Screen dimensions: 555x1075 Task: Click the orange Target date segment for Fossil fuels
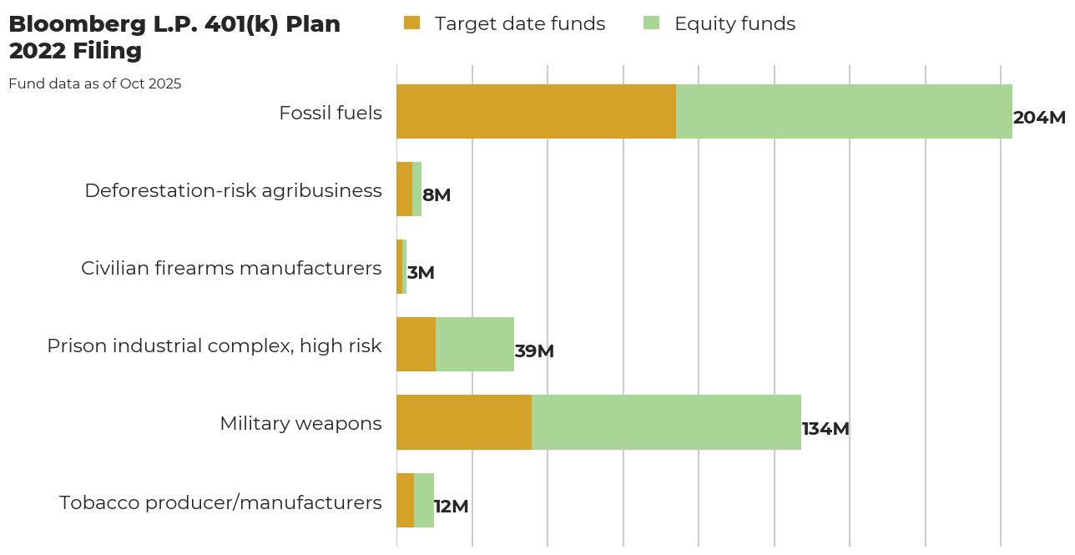(536, 111)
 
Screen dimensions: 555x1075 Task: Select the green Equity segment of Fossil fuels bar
(844, 111)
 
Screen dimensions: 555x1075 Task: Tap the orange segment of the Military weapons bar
(464, 422)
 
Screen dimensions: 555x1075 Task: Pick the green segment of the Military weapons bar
(666, 422)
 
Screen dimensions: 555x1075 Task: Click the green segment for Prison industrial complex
(475, 345)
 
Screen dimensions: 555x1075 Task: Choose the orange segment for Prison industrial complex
(416, 345)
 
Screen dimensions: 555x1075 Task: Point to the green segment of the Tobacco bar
(424, 500)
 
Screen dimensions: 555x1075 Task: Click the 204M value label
(1039, 118)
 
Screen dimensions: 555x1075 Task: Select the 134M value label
(825, 429)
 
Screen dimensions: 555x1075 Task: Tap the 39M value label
(534, 351)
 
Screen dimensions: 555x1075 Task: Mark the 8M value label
(437, 195)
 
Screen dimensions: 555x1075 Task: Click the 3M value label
(421, 273)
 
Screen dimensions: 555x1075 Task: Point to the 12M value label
(452, 507)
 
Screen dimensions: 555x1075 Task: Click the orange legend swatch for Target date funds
(411, 23)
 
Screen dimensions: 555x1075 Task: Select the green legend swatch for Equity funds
(651, 23)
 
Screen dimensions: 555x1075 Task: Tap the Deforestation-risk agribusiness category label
(233, 190)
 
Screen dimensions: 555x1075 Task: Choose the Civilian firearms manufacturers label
(231, 268)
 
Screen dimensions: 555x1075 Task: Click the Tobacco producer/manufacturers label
(220, 502)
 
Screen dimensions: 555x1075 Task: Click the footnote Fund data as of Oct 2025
(95, 83)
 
